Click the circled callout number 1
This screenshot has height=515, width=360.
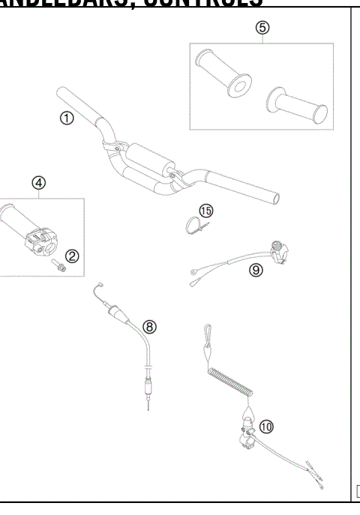click(x=67, y=118)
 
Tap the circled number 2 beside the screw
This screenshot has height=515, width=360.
click(x=72, y=256)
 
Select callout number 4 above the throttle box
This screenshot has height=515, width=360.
click(x=38, y=182)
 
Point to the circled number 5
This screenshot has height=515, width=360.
click(x=262, y=28)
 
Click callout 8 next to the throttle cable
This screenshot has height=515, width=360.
click(x=150, y=326)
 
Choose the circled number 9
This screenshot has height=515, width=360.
click(x=256, y=271)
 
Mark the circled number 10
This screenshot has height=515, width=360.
click(x=266, y=425)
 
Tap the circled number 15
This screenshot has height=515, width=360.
click(x=206, y=211)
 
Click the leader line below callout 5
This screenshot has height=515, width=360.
click(x=262, y=39)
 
